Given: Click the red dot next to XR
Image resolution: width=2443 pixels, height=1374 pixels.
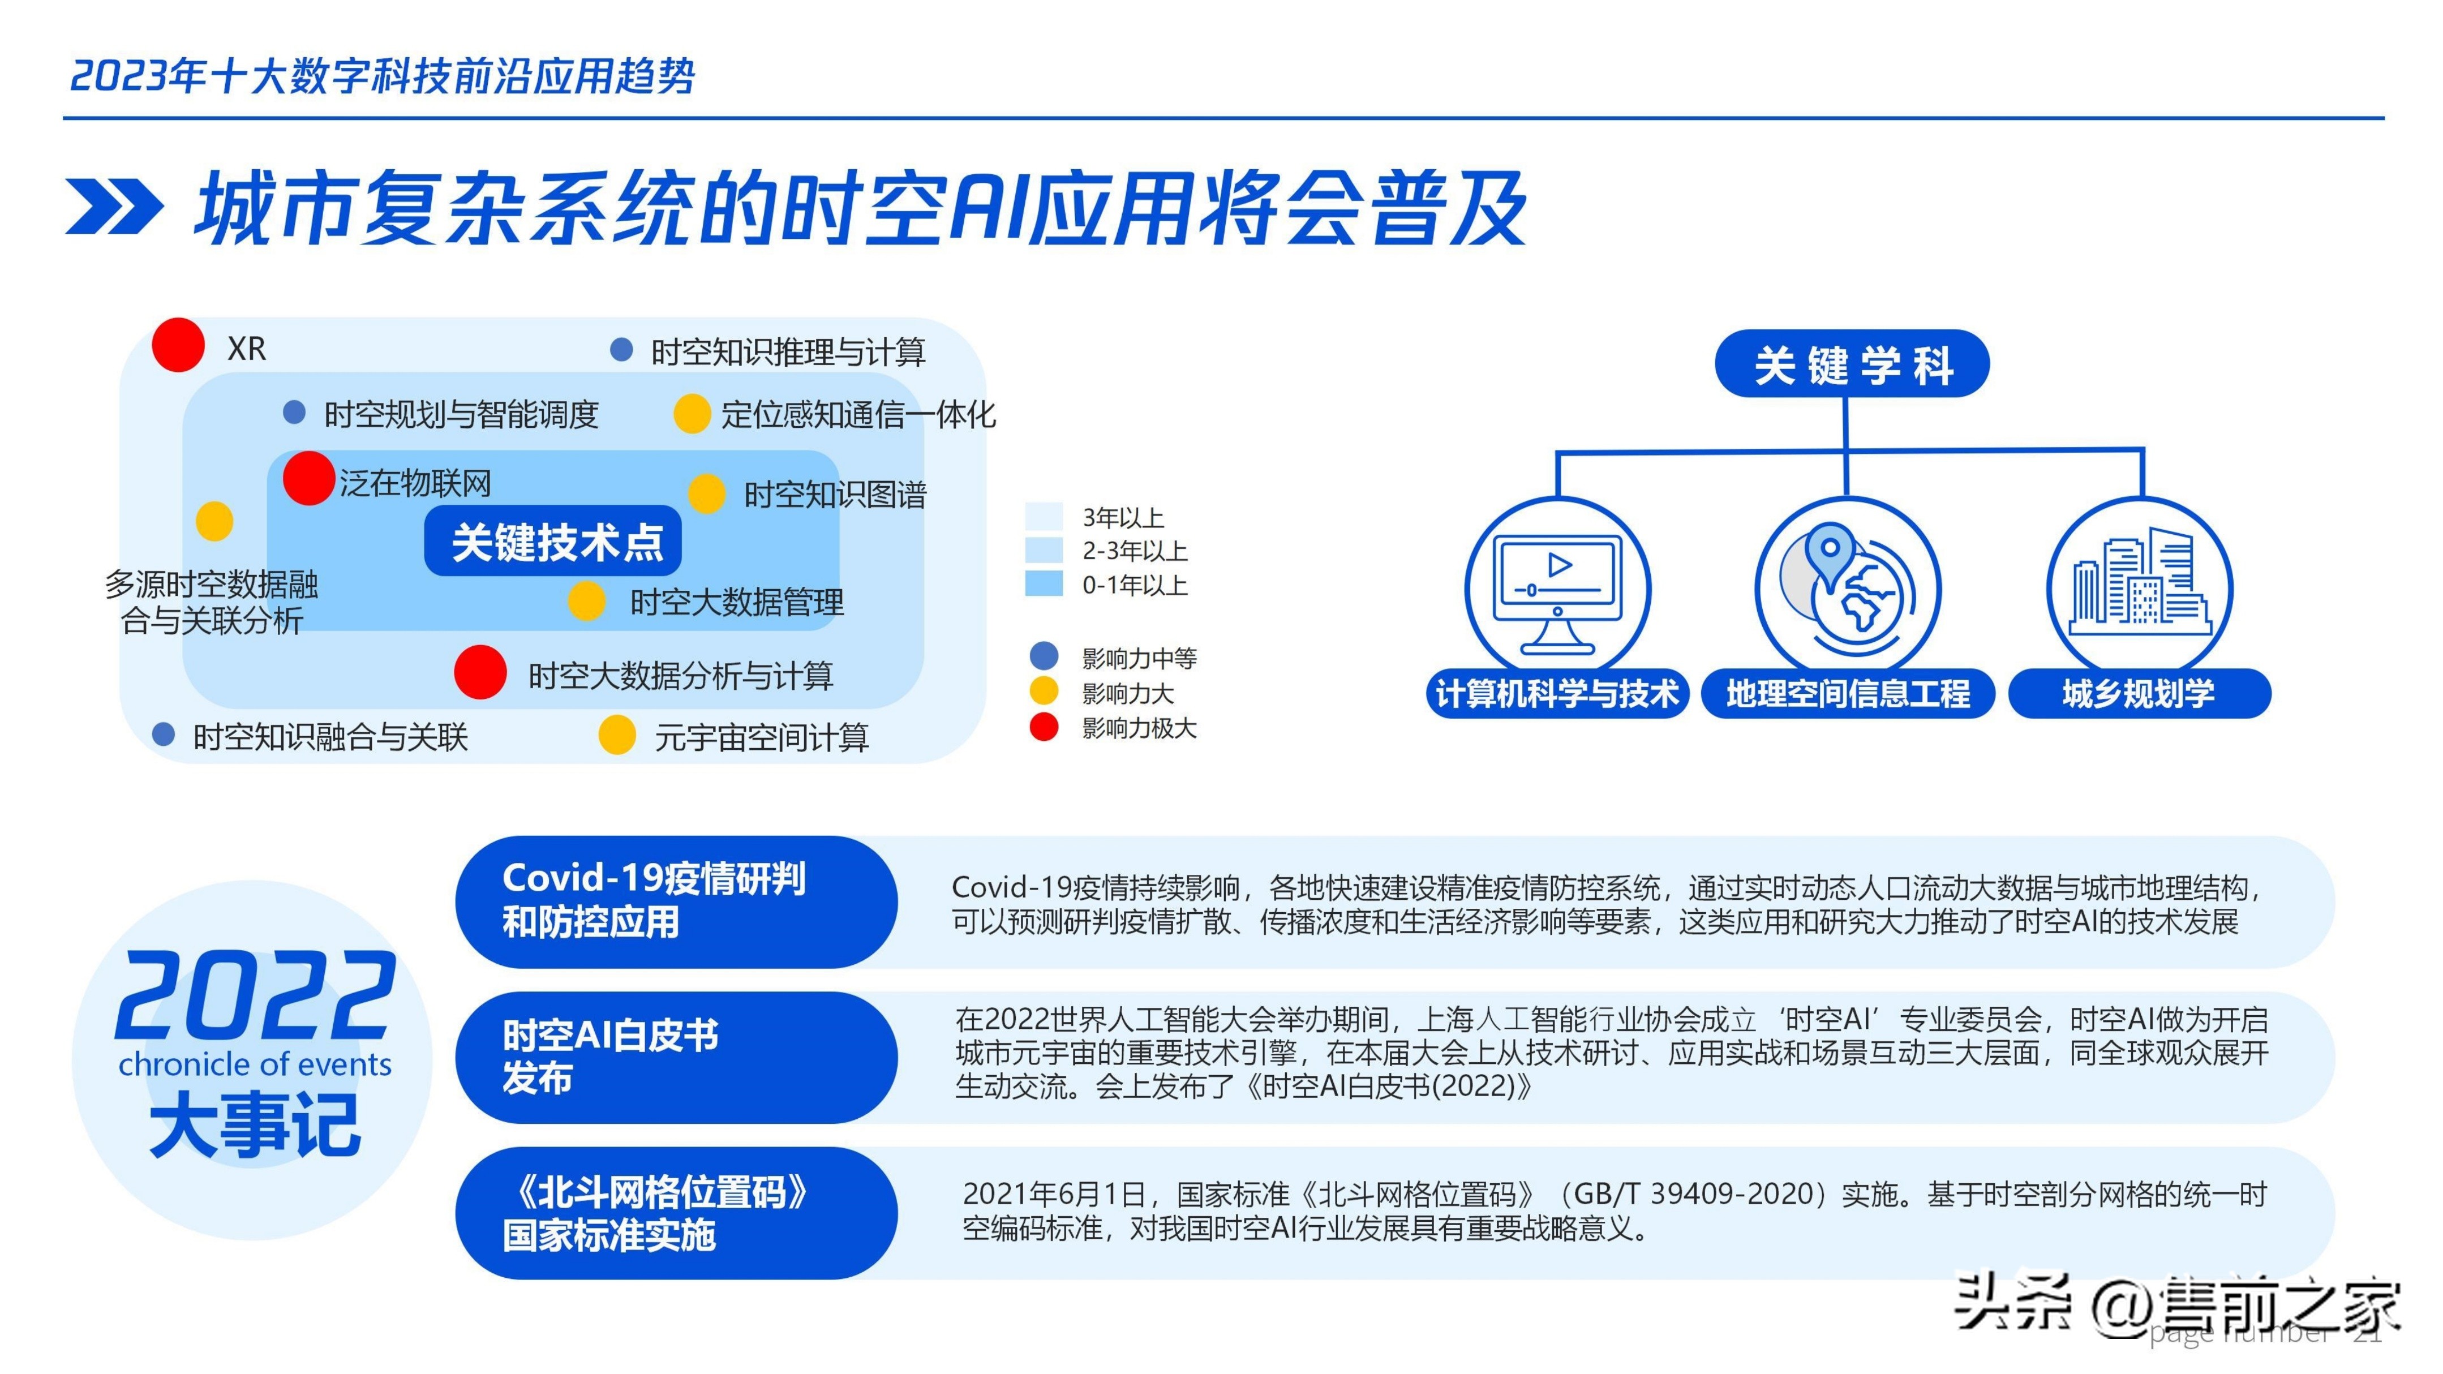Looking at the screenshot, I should pyautogui.click(x=178, y=345).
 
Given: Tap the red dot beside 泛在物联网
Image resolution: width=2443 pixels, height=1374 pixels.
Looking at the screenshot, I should pyautogui.click(x=308, y=478).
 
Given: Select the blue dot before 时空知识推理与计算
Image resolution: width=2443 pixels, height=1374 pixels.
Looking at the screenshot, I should pyautogui.click(x=621, y=350).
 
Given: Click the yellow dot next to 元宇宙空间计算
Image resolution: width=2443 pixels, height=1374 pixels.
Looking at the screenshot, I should pyautogui.click(x=617, y=735).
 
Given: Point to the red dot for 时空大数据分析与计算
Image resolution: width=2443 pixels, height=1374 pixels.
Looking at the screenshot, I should pyautogui.click(x=480, y=672).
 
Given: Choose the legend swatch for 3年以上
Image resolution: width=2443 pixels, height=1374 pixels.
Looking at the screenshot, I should pyautogui.click(x=1043, y=517).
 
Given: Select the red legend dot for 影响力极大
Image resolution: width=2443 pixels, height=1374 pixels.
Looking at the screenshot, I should pyautogui.click(x=1043, y=727).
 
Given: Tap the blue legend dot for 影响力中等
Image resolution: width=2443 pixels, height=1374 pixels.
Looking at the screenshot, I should pyautogui.click(x=1043, y=656).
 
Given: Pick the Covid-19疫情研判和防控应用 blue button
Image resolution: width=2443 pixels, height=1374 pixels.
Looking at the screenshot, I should pyautogui.click(x=675, y=901).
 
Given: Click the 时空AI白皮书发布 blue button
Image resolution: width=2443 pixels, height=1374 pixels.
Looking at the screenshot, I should pyautogui.click(x=675, y=1057).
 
